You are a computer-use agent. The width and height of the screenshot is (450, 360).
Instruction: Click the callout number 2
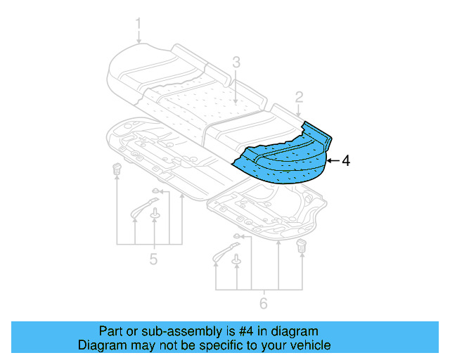pyautogui.click(x=299, y=97)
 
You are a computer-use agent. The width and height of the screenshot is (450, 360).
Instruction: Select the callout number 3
pyautogui.click(x=237, y=63)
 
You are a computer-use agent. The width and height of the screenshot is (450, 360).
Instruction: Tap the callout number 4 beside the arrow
pyautogui.click(x=345, y=160)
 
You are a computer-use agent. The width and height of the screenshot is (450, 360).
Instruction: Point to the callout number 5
pyautogui.click(x=153, y=260)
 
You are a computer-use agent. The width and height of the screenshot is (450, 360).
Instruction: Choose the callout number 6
pyautogui.click(x=263, y=304)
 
